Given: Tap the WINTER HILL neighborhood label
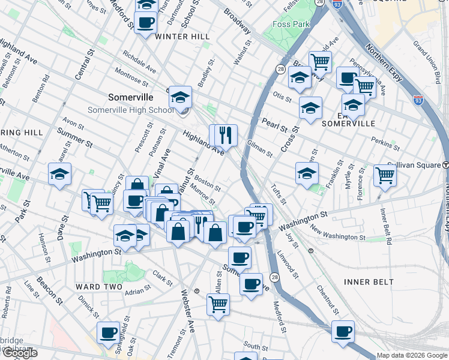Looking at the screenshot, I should tap(182, 37).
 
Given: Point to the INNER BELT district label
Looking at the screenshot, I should tap(369, 281).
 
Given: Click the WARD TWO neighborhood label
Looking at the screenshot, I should tap(92, 287).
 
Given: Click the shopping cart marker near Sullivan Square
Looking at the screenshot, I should tap(385, 175).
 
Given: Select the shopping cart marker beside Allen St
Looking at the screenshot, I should tap(217, 304).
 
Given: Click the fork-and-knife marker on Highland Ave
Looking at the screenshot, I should tap(227, 134).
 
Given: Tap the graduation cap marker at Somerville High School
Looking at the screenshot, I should tap(179, 97).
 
